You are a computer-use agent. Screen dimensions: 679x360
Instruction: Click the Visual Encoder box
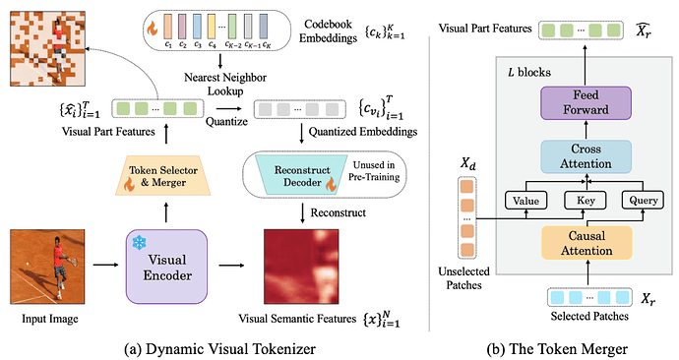point(166,267)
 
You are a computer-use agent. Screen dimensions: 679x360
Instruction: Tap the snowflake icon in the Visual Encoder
point(139,243)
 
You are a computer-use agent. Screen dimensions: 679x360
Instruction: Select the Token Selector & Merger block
point(163,176)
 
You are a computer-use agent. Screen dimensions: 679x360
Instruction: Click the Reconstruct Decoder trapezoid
point(302,175)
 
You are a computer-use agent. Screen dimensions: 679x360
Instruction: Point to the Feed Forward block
point(586,102)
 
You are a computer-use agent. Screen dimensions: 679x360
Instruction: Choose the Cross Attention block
point(586,156)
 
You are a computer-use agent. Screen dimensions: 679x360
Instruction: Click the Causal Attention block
point(586,243)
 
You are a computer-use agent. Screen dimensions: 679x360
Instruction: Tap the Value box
point(525,201)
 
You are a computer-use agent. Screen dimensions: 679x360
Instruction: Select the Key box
point(586,201)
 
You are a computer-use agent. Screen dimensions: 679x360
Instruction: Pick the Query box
point(643,201)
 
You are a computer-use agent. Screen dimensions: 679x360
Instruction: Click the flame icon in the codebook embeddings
point(152,29)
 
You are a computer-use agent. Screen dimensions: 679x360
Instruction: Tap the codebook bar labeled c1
point(168,27)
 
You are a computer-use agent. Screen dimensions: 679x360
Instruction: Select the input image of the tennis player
point(47,267)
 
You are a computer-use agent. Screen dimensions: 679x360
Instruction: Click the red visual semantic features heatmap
point(301,267)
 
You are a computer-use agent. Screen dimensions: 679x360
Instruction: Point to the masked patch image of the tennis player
point(47,49)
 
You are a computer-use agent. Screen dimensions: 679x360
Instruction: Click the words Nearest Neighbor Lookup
point(225,84)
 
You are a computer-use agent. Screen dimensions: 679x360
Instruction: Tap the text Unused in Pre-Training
point(374,171)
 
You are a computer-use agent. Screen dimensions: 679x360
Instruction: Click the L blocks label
point(529,72)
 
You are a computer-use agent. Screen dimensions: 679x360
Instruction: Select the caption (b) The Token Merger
point(557,349)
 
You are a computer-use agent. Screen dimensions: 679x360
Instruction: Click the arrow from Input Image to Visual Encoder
point(105,265)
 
